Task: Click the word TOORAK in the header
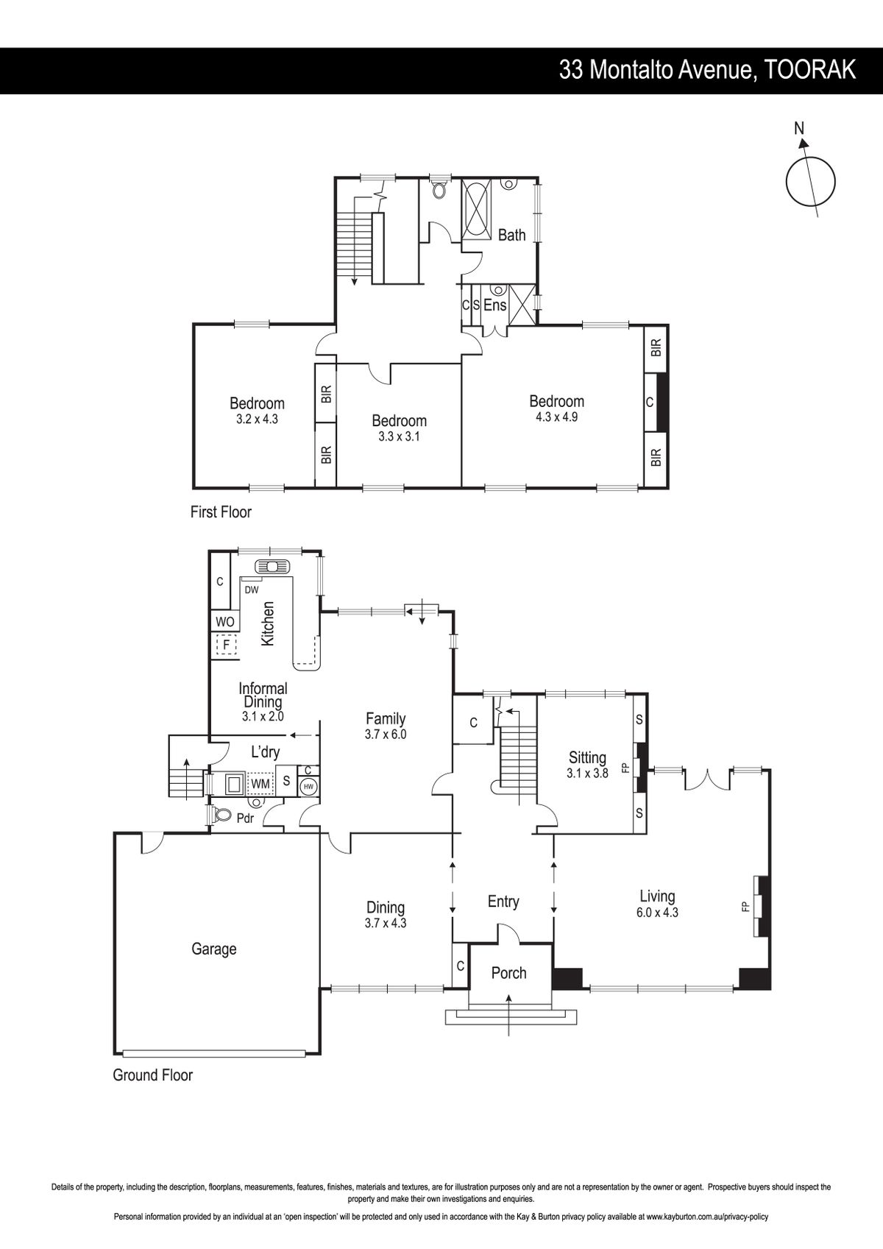click(x=809, y=70)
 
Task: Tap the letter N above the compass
click(x=799, y=128)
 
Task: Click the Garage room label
click(x=214, y=949)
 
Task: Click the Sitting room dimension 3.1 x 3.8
click(x=587, y=774)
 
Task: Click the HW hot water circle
click(x=309, y=786)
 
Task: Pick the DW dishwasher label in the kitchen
click(x=252, y=590)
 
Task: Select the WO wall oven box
click(x=225, y=622)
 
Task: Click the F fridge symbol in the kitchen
click(x=227, y=645)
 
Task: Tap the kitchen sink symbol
click(x=272, y=567)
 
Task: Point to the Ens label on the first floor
click(x=495, y=305)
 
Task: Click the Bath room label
click(x=511, y=235)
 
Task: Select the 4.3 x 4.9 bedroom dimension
click(x=557, y=417)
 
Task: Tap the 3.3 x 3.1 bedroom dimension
click(x=399, y=436)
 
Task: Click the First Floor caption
click(x=221, y=512)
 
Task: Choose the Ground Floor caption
click(x=153, y=1075)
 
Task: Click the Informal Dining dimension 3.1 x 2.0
click(x=263, y=717)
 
